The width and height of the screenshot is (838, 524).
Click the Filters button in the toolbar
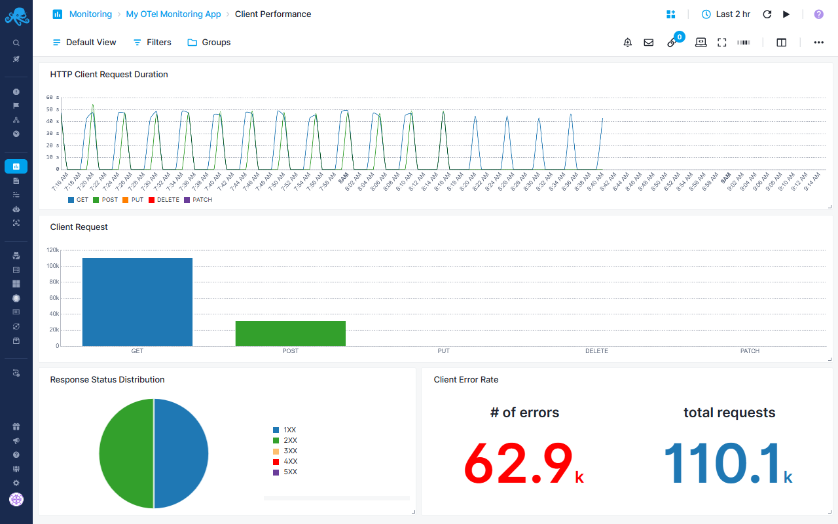[152, 42]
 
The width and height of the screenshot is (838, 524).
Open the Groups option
[209, 42]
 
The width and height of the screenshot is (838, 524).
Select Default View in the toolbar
[84, 42]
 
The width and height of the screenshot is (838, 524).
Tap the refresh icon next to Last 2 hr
[767, 14]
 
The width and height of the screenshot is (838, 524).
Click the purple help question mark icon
[818, 14]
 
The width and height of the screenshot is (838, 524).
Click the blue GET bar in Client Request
[137, 301]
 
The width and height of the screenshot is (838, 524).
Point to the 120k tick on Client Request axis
[52, 250]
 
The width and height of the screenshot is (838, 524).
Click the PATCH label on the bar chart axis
[750, 351]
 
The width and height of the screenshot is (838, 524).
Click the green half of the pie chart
[126, 453]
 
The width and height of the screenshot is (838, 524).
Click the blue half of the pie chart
[181, 453]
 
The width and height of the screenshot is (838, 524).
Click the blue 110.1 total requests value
[722, 463]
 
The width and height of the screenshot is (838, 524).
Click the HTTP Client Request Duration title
[109, 74]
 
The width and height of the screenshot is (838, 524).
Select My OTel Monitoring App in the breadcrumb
[173, 14]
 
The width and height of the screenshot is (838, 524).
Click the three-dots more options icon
[818, 42]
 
